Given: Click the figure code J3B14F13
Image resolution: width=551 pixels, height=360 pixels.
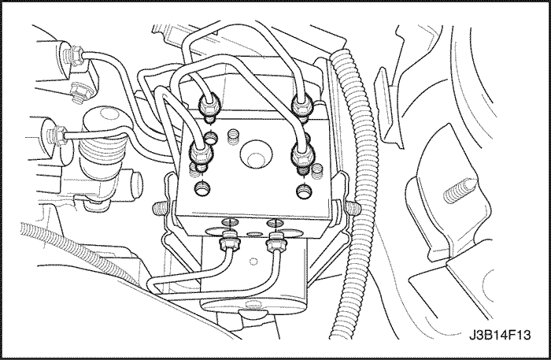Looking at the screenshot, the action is pyautogui.click(x=500, y=335).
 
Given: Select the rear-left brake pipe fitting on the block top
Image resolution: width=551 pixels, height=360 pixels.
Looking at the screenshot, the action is pyautogui.click(x=210, y=106).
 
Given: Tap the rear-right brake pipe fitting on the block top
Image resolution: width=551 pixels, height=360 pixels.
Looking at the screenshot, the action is pyautogui.click(x=301, y=106).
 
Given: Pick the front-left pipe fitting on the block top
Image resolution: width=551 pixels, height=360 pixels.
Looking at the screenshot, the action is pyautogui.click(x=201, y=154).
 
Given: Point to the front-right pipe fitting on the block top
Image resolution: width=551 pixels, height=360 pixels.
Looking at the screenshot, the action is pyautogui.click(x=302, y=154).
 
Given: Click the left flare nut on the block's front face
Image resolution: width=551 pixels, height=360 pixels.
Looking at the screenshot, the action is pyautogui.click(x=229, y=243).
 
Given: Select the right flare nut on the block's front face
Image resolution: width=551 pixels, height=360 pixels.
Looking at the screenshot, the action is pyautogui.click(x=276, y=243).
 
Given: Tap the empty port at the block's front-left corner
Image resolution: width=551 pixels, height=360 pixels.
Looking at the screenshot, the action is pyautogui.click(x=203, y=188).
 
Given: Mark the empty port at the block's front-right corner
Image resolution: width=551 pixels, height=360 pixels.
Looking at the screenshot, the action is pyautogui.click(x=304, y=191).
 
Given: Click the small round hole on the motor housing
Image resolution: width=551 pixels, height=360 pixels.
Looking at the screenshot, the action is pyautogui.click(x=253, y=262).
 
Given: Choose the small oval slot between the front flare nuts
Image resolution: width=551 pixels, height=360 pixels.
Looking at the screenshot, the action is pyautogui.click(x=254, y=233).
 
